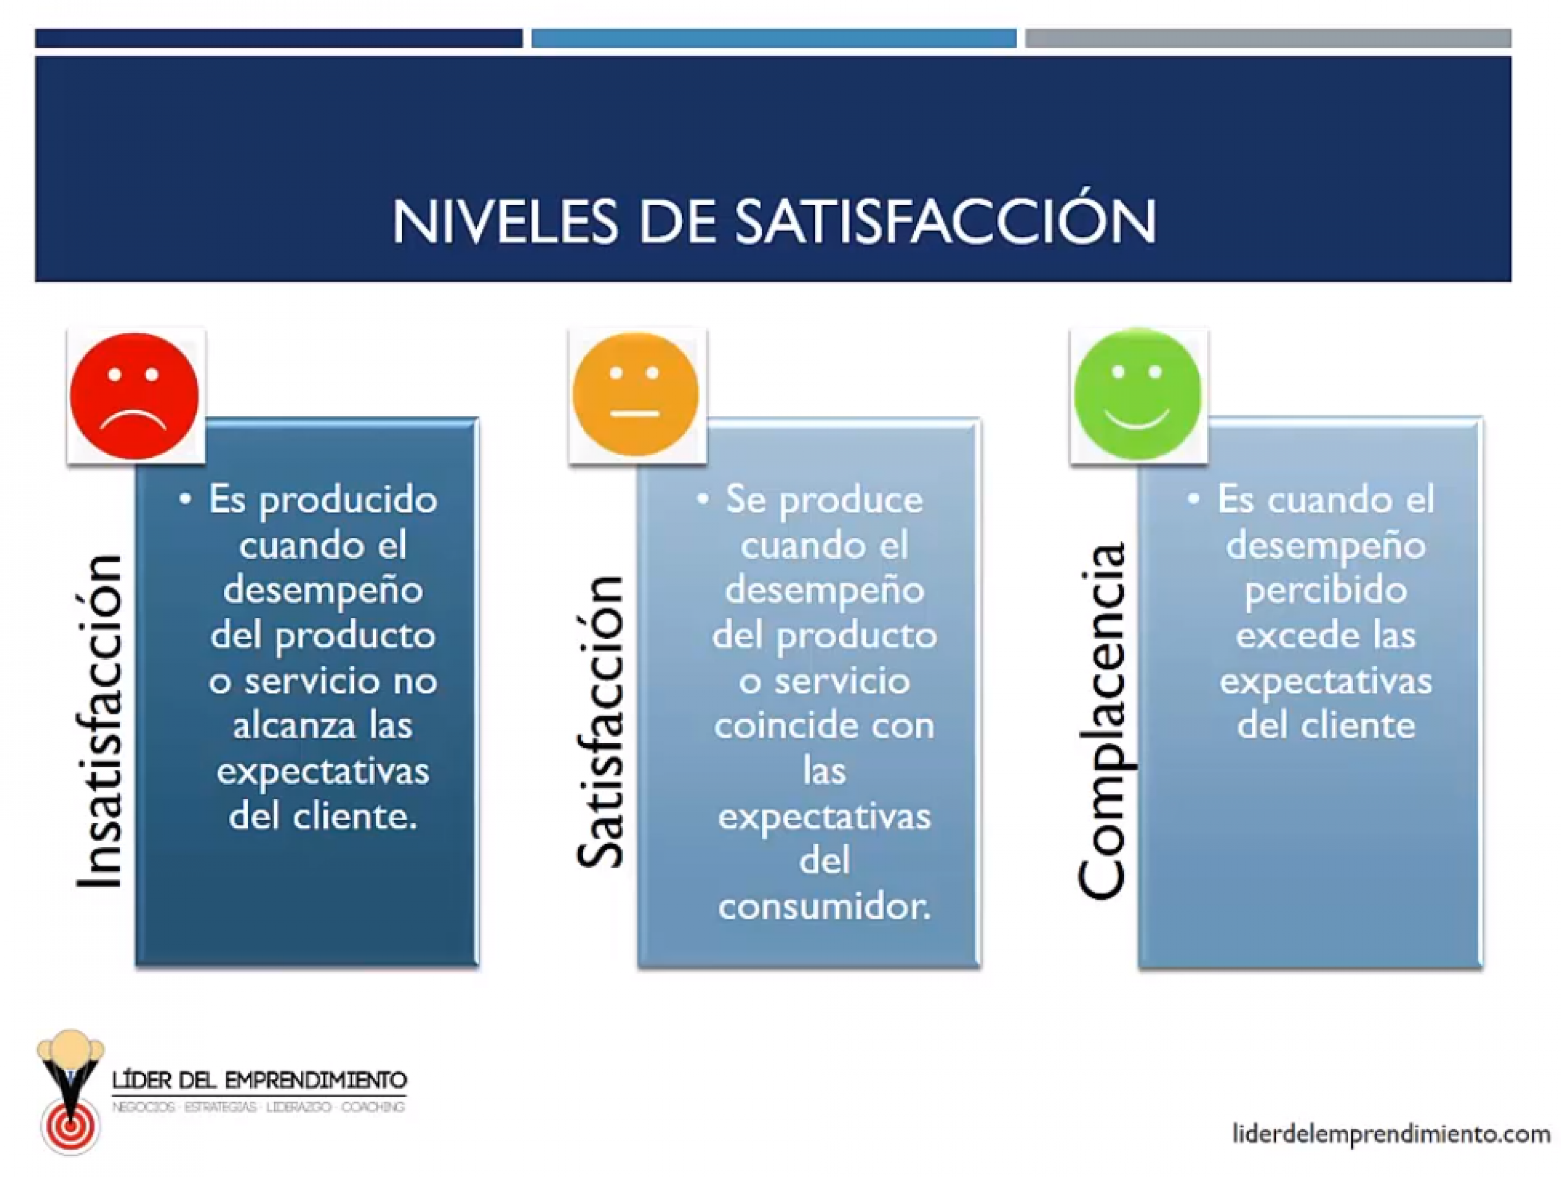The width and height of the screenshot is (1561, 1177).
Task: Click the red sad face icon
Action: (134, 396)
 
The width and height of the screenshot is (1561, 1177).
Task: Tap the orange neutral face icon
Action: (635, 394)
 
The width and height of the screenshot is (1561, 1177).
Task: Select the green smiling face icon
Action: (1137, 394)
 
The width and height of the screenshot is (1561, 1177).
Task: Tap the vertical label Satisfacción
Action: (600, 721)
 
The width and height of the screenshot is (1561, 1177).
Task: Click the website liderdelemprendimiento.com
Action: (1391, 1133)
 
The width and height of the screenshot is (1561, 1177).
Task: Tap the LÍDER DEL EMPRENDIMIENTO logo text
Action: (259, 1080)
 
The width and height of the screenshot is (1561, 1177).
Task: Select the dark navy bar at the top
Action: (279, 38)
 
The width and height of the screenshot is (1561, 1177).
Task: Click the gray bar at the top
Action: (1268, 38)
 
